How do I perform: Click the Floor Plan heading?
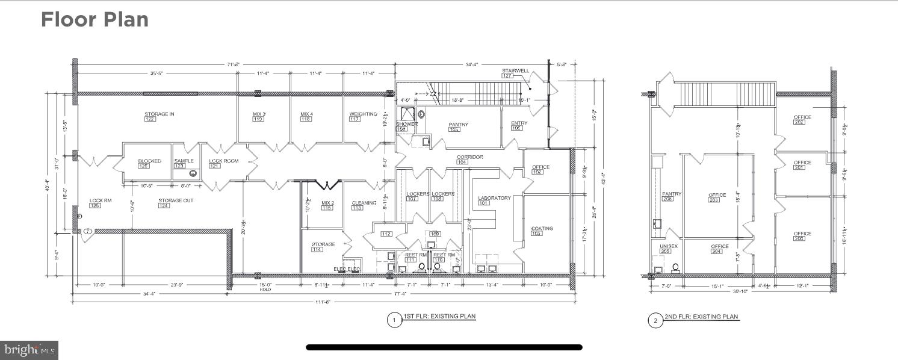pos(94,20)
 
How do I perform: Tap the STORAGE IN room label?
pos(159,114)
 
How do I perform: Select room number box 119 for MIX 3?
pos(258,119)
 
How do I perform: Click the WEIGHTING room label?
pos(363,114)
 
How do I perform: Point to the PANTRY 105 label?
pos(458,125)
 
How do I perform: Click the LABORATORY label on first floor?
pos(494,198)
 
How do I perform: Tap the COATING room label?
pos(542,228)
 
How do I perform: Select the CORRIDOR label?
pos(469,157)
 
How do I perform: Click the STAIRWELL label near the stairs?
pos(515,71)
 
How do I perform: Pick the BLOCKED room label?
pos(149,161)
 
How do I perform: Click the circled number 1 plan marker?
pos(394,320)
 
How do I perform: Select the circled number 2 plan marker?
pos(655,320)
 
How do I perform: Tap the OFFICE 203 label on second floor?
pos(717,195)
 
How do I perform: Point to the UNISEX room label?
pos(669,246)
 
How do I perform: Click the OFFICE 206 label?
pos(802,234)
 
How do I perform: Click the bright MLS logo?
pos(29,350)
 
